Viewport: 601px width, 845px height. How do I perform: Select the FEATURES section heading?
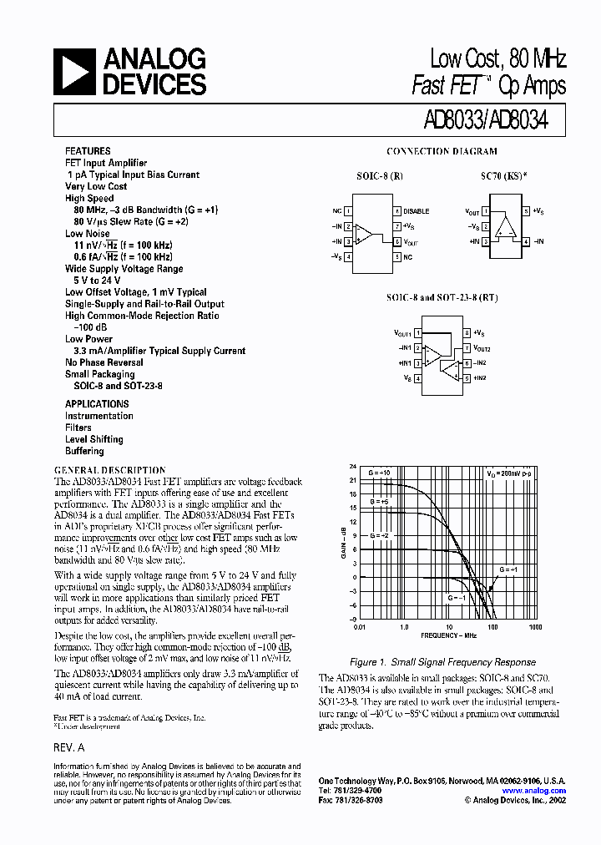pos(88,151)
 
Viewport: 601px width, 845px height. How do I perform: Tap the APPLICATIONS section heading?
pos(97,404)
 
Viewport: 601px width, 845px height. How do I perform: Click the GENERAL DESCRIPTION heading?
pos(109,470)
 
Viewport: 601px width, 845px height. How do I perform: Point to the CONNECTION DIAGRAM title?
pos(442,151)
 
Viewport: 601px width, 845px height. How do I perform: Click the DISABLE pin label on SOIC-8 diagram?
pos(417,212)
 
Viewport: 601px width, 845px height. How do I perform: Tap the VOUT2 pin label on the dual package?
pos(482,348)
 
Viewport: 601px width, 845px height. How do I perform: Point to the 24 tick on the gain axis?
pos(352,467)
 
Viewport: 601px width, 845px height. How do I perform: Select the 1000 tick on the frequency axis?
pos(535,626)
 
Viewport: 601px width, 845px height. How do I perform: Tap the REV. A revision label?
pos(69,749)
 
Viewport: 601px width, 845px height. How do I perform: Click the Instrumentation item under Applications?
pos(99,416)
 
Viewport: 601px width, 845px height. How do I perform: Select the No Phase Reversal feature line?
pos(104,362)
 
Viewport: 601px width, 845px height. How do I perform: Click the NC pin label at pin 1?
pos(336,212)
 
